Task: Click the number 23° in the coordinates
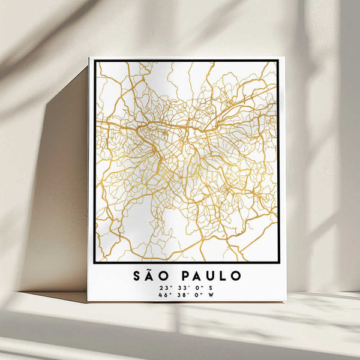point(164,287)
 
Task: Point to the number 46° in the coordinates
point(163,295)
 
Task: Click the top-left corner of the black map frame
point(95,61)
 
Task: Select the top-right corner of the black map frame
point(278,61)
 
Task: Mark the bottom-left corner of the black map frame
point(95,262)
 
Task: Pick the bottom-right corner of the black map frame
point(278,262)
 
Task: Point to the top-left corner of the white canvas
point(89,58)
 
